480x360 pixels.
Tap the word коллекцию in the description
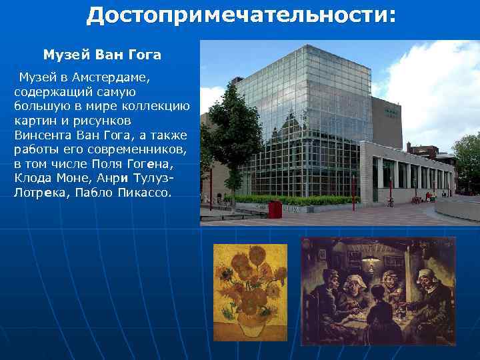(159, 105)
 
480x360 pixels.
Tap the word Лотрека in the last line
(35, 193)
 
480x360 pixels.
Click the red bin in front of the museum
(275, 209)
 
